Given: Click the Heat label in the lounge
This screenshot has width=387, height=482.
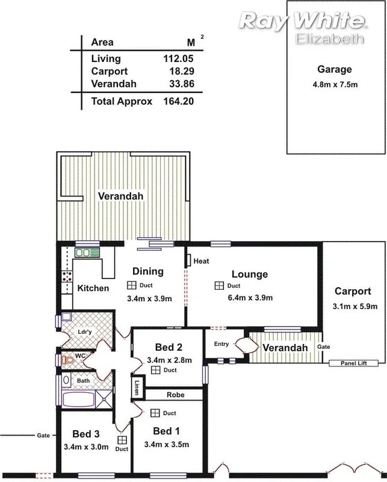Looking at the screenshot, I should click(x=201, y=261).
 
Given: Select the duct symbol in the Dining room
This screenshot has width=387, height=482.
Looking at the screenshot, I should click(x=131, y=285).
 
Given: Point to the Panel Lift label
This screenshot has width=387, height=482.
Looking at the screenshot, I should click(x=353, y=363).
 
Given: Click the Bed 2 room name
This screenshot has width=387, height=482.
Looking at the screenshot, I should click(x=169, y=348).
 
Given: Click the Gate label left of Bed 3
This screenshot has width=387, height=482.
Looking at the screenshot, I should click(x=43, y=435).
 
